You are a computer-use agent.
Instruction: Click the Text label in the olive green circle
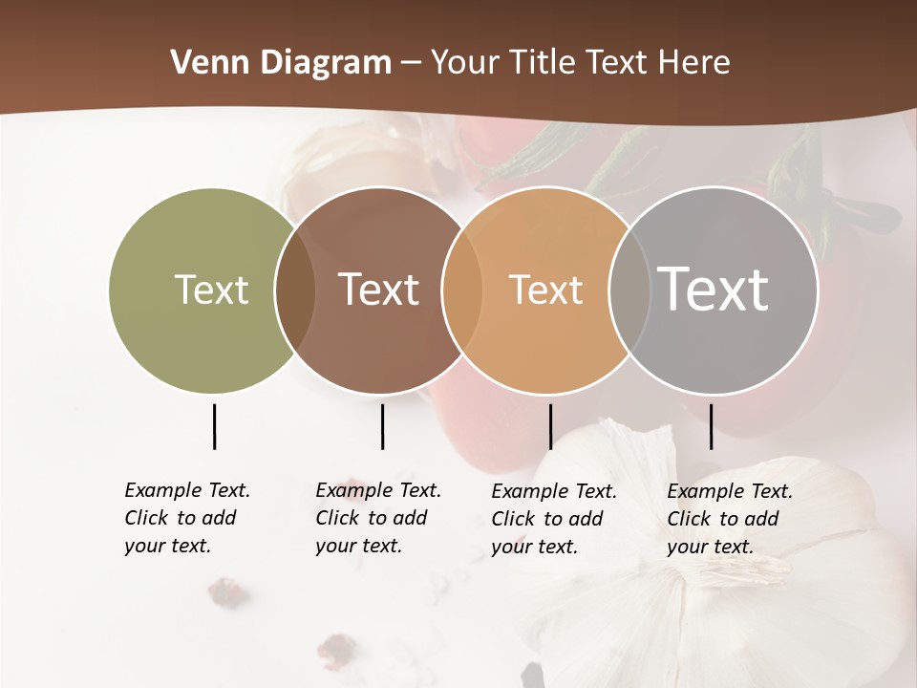[x=211, y=290]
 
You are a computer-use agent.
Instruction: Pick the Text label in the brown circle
[x=378, y=290]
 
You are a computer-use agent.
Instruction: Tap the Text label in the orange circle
[x=545, y=290]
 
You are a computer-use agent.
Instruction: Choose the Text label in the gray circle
[x=714, y=289]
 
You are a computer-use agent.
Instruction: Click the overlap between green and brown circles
[x=295, y=290]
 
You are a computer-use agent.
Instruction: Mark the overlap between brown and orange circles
[x=461, y=290]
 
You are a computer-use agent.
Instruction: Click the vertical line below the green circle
[x=214, y=426]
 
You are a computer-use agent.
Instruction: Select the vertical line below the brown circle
[x=382, y=426]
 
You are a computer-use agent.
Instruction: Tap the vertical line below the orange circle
[x=550, y=426]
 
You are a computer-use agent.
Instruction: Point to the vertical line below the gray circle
[x=711, y=426]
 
